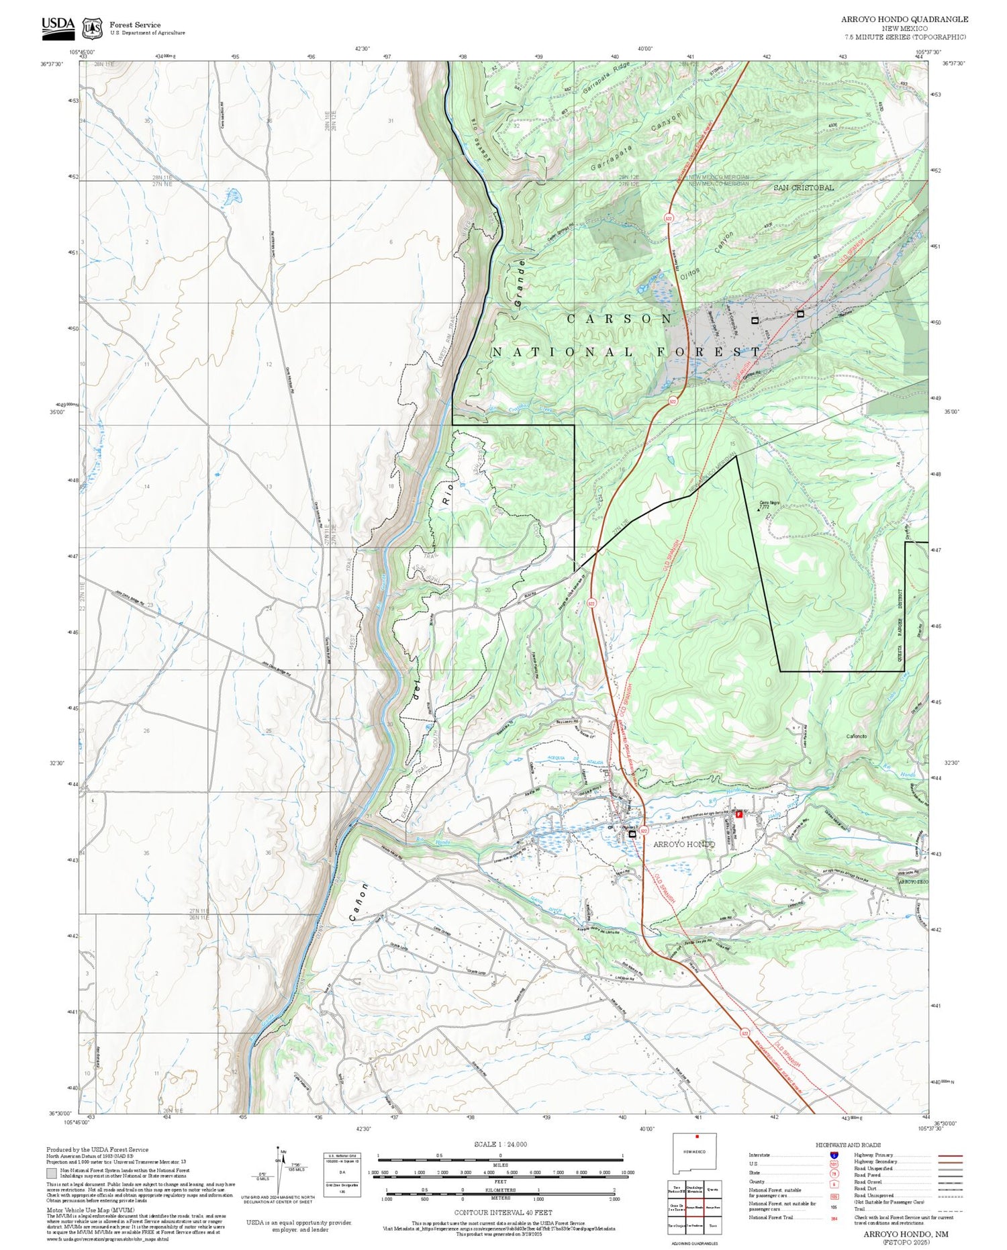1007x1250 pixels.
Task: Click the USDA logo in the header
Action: pos(58,25)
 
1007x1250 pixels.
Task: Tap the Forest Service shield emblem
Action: pos(92,28)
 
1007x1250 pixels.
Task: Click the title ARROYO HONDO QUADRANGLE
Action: pos(904,19)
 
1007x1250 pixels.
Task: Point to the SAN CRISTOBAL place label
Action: pos(804,187)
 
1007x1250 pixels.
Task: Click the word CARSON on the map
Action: pos(620,319)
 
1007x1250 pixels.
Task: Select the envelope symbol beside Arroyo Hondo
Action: pos(632,833)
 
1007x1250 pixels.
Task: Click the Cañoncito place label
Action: pos(857,736)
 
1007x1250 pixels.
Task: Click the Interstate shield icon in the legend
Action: pos(834,1155)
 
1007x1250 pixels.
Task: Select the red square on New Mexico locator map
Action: pos(698,1137)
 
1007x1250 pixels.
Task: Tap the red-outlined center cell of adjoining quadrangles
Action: pos(695,1207)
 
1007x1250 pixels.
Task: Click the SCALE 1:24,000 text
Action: pos(500,1145)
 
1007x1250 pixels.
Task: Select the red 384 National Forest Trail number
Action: pos(834,1218)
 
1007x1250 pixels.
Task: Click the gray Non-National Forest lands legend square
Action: pos(52,1173)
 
